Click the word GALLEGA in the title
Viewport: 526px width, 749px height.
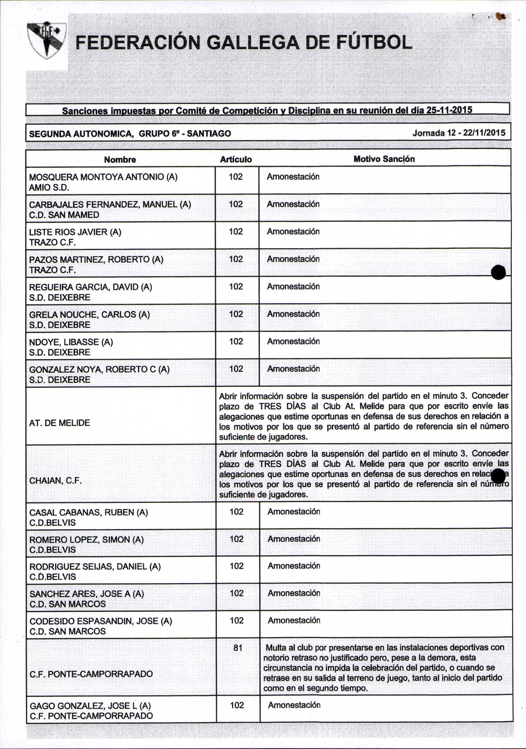[x=252, y=42]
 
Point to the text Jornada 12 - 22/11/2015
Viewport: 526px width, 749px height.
[x=459, y=133]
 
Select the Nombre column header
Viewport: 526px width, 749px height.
[x=120, y=159]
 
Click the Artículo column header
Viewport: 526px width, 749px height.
[x=236, y=159]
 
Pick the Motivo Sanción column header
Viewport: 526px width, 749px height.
[x=384, y=159]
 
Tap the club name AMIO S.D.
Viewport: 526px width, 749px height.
[x=49, y=188]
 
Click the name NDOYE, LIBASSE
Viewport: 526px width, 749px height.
[x=71, y=342]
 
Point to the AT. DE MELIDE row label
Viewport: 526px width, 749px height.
[x=59, y=423]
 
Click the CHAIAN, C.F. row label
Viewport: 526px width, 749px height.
[x=55, y=481]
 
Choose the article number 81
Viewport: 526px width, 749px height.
[x=238, y=647]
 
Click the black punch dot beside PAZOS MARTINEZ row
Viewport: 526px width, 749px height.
[x=498, y=272]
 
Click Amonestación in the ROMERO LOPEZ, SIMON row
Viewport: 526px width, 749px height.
[x=294, y=539]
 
